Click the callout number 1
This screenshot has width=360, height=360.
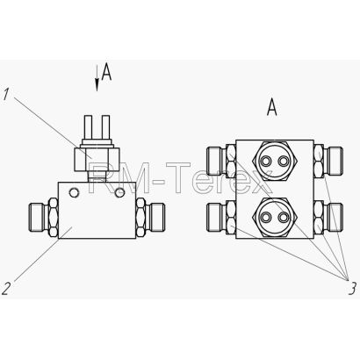click(x=5, y=95)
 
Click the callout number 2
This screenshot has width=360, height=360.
click(x=6, y=288)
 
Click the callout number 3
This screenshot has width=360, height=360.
click(x=352, y=288)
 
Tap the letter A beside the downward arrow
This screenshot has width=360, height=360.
click(x=106, y=73)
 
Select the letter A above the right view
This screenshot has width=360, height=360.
click(x=272, y=107)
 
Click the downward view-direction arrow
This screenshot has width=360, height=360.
click(x=97, y=78)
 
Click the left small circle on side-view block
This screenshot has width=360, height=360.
click(x=74, y=192)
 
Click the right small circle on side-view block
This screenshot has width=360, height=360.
click(x=119, y=192)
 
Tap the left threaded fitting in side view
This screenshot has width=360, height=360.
click(x=44, y=218)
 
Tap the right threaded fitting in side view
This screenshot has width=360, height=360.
click(x=150, y=218)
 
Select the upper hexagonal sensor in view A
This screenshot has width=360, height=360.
click(x=275, y=161)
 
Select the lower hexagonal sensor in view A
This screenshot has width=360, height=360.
click(x=275, y=217)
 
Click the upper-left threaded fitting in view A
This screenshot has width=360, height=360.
click(x=221, y=161)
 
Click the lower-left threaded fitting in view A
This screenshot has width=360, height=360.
click(x=221, y=217)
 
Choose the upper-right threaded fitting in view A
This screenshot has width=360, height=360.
click(x=328, y=161)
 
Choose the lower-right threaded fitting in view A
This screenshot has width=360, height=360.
click(x=328, y=217)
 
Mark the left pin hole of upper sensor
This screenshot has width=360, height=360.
click(x=266, y=161)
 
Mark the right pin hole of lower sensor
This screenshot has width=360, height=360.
click(x=283, y=217)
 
